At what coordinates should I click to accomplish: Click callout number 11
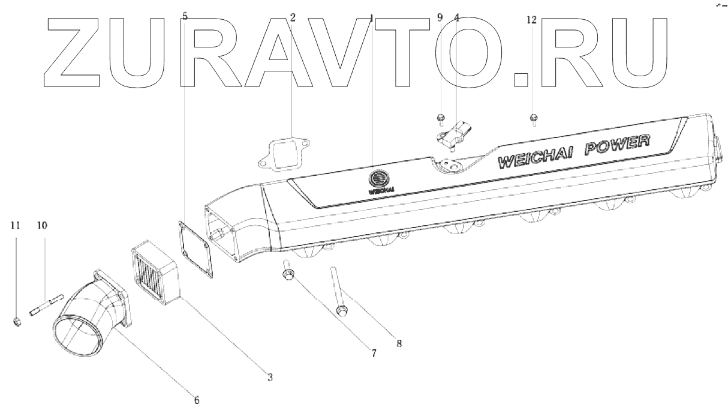click(15, 226)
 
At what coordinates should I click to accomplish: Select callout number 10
click(42, 226)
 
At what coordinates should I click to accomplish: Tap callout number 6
click(197, 399)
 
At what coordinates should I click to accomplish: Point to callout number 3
click(270, 377)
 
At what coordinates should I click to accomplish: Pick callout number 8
click(399, 344)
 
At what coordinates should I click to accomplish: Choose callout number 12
click(532, 20)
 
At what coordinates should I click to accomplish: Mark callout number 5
click(184, 16)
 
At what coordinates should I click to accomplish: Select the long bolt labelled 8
click(337, 294)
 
